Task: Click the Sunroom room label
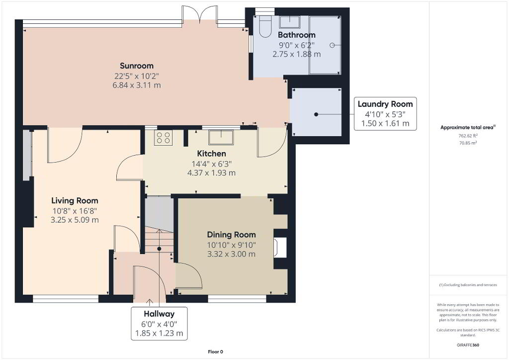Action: [137, 66]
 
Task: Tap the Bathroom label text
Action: [297, 35]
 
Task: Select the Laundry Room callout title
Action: [385, 104]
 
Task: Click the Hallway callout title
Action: [159, 314]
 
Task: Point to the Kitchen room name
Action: [212, 154]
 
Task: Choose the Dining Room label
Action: [232, 235]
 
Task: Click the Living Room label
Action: [75, 200]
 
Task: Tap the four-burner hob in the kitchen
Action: [163, 138]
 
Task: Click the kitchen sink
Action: [221, 137]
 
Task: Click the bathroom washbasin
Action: [290, 22]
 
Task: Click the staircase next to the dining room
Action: [159, 240]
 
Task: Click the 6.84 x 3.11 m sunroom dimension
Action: [137, 86]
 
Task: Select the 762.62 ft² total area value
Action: [468, 136]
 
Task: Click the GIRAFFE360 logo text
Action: [468, 345]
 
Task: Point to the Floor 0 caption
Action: [216, 352]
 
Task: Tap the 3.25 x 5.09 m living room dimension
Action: [75, 220]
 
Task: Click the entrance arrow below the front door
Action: [149, 302]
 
